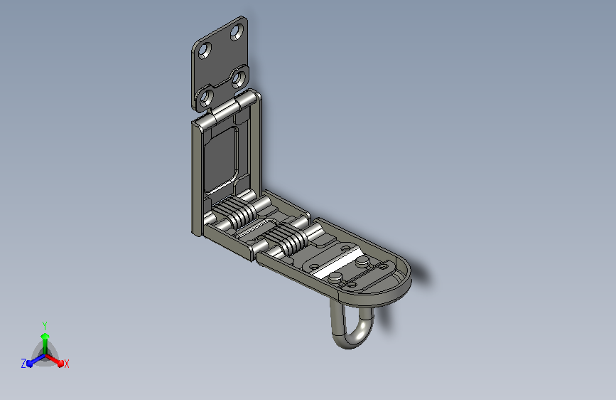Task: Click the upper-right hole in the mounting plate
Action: [x=237, y=32]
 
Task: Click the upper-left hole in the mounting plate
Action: [x=205, y=51]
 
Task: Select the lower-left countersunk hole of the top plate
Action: [x=206, y=97]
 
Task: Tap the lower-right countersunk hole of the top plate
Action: [x=239, y=79]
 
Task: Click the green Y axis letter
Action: [x=45, y=326]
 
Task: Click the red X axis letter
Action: [x=66, y=364]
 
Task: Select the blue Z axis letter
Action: [x=23, y=364]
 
